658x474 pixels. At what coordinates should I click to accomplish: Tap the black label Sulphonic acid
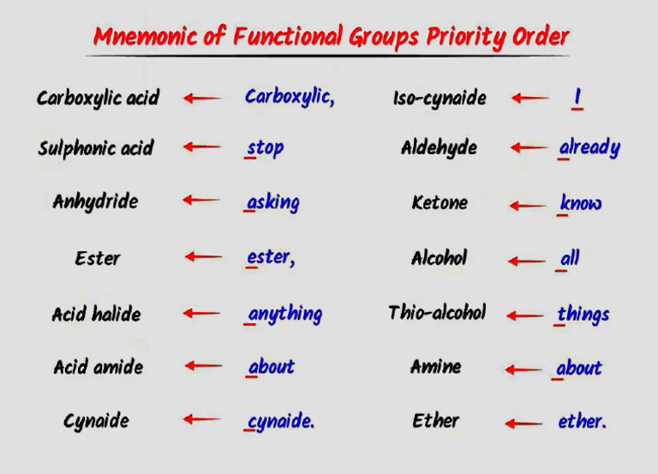click(x=95, y=148)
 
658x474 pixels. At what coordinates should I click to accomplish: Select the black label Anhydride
click(x=95, y=202)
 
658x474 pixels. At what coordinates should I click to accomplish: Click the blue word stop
click(x=265, y=148)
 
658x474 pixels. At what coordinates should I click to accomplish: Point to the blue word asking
click(x=273, y=203)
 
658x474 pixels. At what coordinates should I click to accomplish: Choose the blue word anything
click(x=284, y=315)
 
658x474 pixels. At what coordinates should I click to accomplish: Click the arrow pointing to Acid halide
click(x=203, y=314)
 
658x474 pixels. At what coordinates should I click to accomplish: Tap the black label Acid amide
click(x=98, y=367)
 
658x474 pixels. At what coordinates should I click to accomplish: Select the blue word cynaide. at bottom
click(x=281, y=422)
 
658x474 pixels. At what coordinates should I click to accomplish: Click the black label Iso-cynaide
click(x=440, y=99)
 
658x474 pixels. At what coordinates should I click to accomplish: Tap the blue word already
click(x=589, y=148)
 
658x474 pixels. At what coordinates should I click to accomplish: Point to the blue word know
click(x=581, y=204)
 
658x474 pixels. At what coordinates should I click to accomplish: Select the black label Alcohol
click(x=439, y=258)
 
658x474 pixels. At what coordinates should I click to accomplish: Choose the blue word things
click(x=583, y=315)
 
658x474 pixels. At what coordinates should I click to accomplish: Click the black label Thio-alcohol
click(x=437, y=313)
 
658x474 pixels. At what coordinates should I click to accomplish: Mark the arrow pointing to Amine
click(x=523, y=370)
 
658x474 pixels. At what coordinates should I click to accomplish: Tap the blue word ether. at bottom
click(x=583, y=422)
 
